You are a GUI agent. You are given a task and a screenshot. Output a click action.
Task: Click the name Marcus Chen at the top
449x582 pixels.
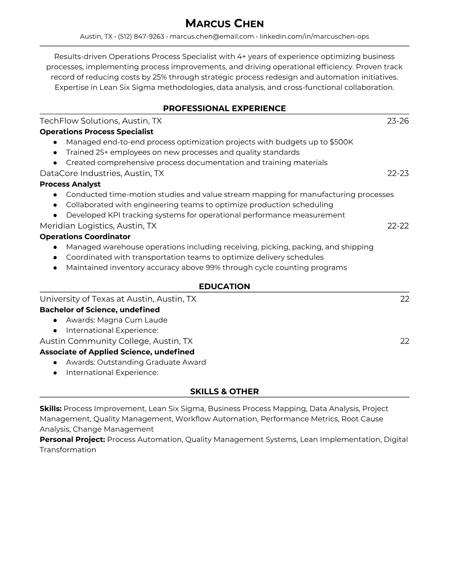[224, 24]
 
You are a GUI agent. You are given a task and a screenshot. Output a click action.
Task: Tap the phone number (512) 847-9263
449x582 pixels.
[141, 36]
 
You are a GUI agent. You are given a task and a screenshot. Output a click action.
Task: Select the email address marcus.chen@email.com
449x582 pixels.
[212, 36]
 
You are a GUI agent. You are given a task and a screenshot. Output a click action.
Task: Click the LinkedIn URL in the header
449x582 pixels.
[314, 36]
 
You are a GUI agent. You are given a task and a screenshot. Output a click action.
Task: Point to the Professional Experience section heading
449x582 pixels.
[224, 108]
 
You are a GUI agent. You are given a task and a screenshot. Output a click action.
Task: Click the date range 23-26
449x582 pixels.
[398, 121]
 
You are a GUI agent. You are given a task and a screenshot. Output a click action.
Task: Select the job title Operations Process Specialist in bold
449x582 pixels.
[96, 132]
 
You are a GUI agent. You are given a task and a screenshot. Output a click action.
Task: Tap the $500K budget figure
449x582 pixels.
[341, 142]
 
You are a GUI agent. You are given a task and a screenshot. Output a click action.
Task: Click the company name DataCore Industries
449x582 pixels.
[80, 173]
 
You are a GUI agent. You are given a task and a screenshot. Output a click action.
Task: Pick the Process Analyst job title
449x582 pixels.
[70, 184]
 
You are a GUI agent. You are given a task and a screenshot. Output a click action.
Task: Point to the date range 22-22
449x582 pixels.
[398, 226]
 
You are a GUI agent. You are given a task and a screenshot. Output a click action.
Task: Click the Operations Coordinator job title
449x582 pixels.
[85, 237]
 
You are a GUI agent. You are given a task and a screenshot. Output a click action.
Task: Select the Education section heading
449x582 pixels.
[224, 287]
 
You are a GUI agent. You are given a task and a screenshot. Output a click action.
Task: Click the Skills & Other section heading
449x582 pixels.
[224, 392]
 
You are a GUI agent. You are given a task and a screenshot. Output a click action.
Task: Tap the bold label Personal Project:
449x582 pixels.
[72, 439]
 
